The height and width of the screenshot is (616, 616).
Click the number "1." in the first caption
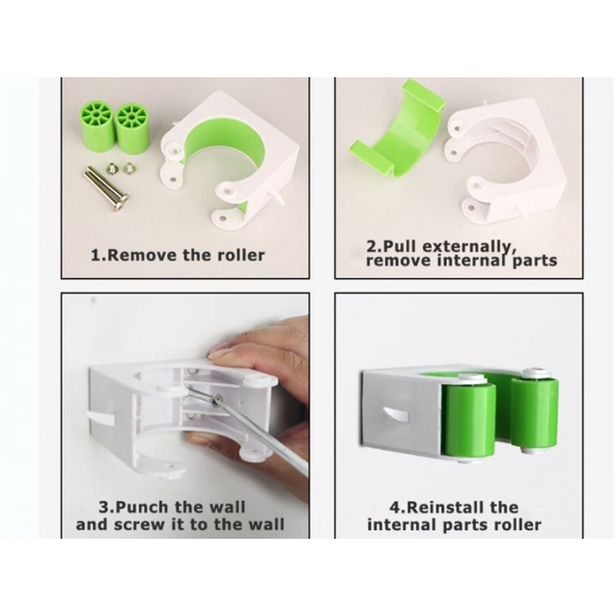tap(98, 255)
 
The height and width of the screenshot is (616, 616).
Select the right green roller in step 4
tap(535, 413)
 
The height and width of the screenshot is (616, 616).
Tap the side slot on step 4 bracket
tap(396, 415)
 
